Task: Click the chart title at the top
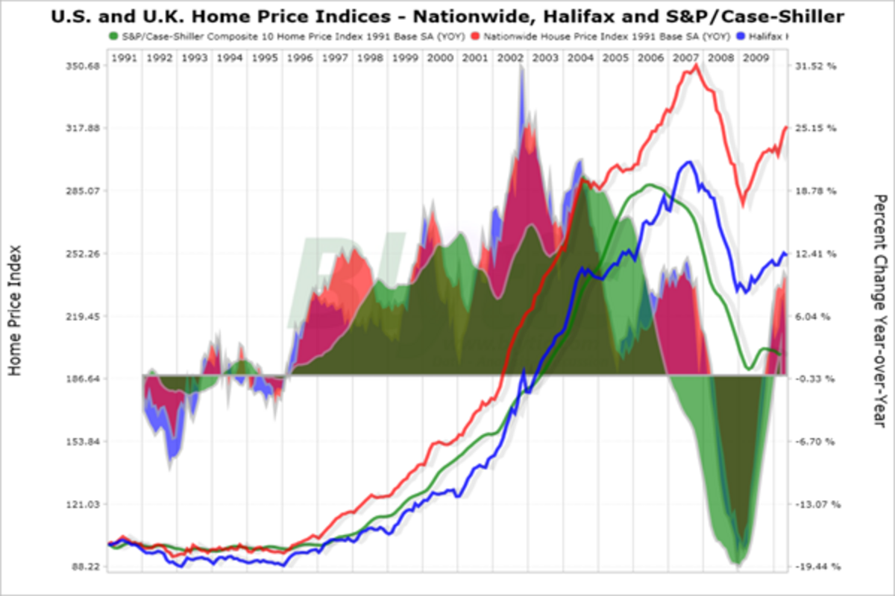click(447, 15)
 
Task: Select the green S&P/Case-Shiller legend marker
click(113, 35)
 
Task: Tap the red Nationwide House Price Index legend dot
click(475, 35)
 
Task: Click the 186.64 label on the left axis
click(82, 379)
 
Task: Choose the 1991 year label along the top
click(124, 57)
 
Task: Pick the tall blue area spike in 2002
click(521, 71)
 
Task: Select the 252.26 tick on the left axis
click(82, 254)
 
